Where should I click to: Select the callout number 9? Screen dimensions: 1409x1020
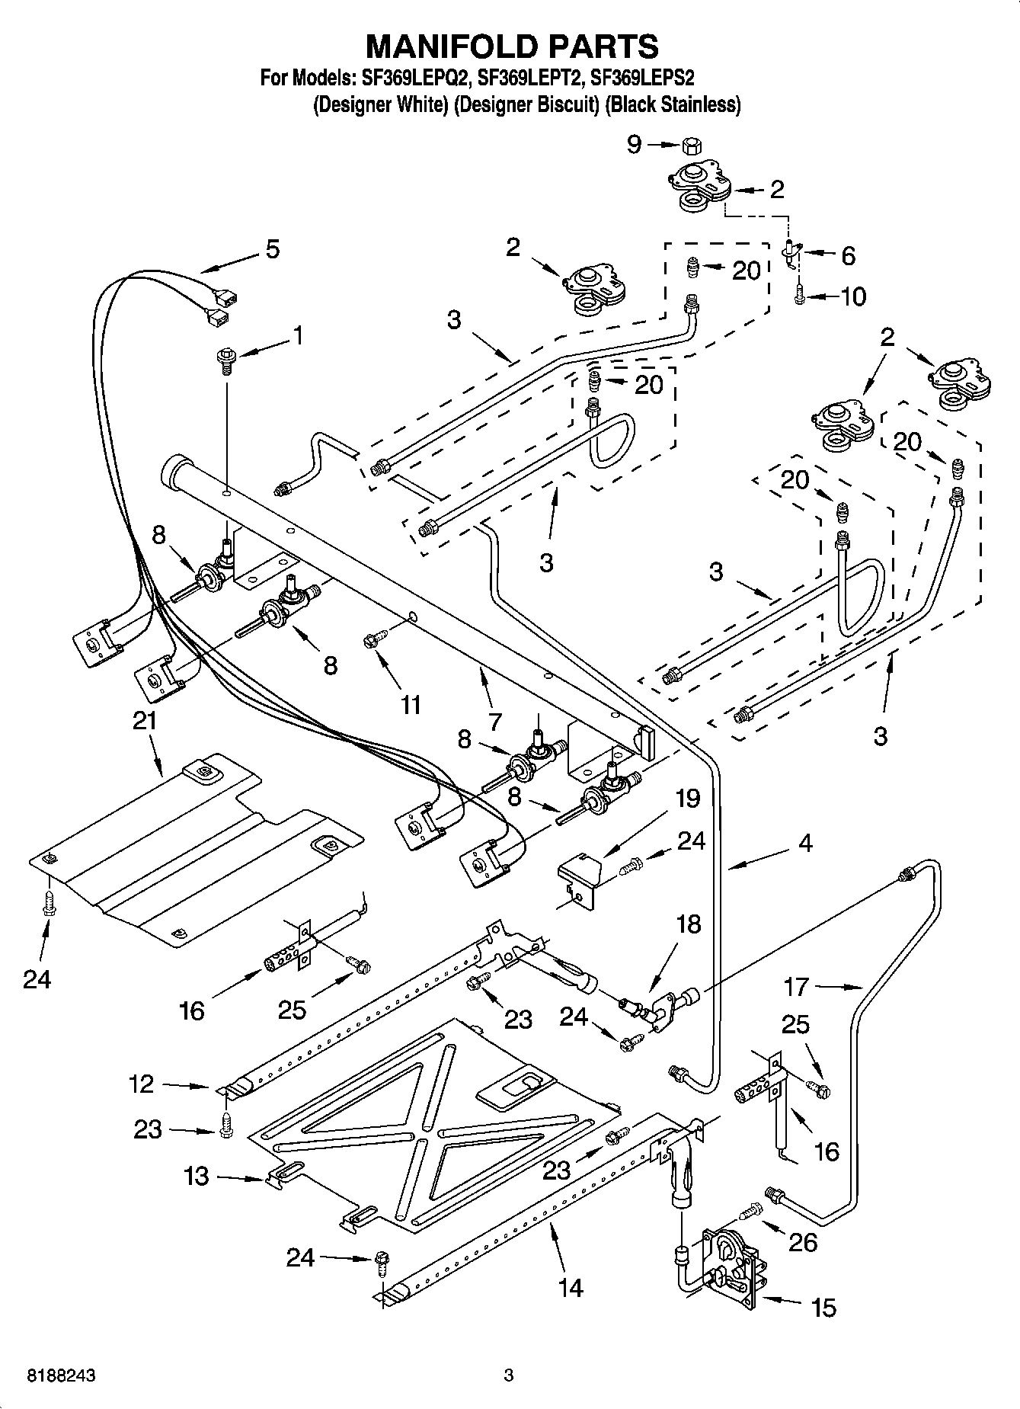click(x=635, y=144)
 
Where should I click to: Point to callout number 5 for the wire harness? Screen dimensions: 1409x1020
click(x=272, y=249)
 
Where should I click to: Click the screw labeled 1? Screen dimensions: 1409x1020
click(x=226, y=358)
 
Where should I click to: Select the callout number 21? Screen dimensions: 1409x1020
click(x=145, y=720)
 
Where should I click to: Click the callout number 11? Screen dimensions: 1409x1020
click(x=411, y=705)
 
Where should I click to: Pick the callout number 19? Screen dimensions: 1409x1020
click(x=688, y=798)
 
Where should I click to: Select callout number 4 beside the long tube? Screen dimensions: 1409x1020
click(x=805, y=843)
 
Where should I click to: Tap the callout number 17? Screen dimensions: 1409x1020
click(x=796, y=987)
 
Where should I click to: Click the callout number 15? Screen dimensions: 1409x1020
click(x=823, y=1308)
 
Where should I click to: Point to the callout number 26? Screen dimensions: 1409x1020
click(x=803, y=1242)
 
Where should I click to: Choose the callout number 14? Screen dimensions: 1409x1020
click(x=570, y=1287)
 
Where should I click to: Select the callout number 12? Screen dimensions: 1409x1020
click(x=142, y=1084)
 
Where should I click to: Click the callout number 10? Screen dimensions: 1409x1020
click(x=852, y=296)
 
